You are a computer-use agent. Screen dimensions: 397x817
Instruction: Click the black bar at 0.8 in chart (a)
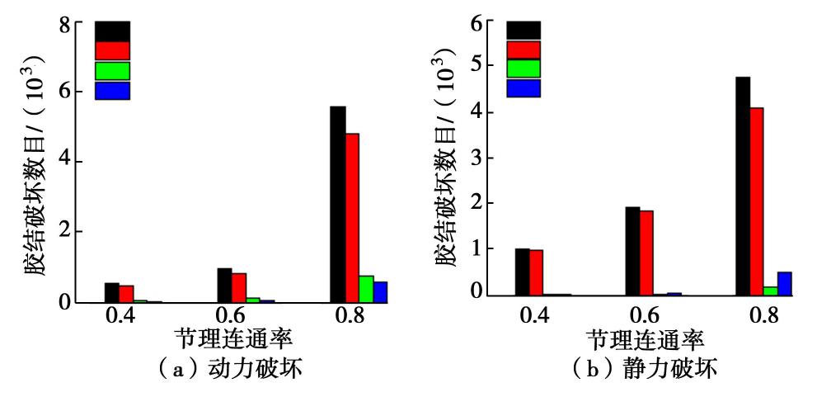click(x=337, y=205)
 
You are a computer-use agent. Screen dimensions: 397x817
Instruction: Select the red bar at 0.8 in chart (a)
click(x=352, y=218)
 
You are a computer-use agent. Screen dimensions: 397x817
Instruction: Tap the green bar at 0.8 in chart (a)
click(x=366, y=289)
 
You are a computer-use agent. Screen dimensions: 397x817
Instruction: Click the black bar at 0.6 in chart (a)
click(x=224, y=285)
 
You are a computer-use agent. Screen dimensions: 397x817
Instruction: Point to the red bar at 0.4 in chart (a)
click(x=126, y=293)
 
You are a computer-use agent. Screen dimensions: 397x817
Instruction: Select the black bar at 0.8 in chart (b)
click(x=743, y=186)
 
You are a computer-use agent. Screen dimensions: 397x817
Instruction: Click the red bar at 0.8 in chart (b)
click(x=758, y=201)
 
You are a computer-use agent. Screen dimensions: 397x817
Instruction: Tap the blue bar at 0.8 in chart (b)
click(x=784, y=283)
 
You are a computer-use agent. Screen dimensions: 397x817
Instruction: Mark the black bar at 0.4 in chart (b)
click(x=522, y=272)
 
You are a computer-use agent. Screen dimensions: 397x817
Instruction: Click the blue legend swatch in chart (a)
click(x=112, y=91)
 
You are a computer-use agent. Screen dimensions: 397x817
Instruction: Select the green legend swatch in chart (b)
click(x=523, y=69)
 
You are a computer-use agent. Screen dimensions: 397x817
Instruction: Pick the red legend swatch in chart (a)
click(x=112, y=50)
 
